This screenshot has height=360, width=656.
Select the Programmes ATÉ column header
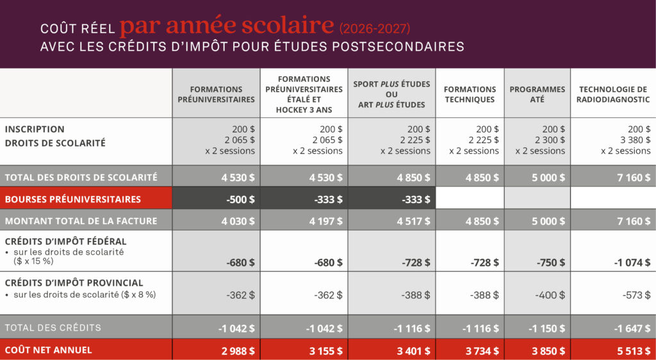click(537, 94)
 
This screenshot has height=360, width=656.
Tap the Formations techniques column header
click(470, 94)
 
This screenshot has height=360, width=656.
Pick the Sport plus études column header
click(391, 94)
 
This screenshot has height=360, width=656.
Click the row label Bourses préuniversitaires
click(72, 199)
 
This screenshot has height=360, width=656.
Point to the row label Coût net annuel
click(49, 350)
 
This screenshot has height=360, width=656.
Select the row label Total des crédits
click(53, 327)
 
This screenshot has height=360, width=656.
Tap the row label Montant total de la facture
click(81, 221)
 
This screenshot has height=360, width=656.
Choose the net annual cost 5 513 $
click(634, 350)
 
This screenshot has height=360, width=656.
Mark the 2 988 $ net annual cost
click(239, 350)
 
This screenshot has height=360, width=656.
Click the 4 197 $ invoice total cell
click(327, 221)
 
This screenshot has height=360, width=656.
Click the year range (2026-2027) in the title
click(375, 28)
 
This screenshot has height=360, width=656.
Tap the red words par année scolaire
click(227, 26)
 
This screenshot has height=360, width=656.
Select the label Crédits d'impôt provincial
click(74, 282)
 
